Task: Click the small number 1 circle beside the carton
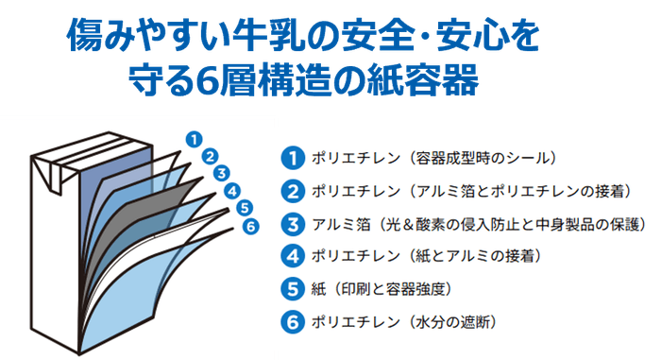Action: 195,138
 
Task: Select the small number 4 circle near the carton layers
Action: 231,190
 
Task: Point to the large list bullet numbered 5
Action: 294,288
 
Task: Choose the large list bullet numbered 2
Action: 294,191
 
